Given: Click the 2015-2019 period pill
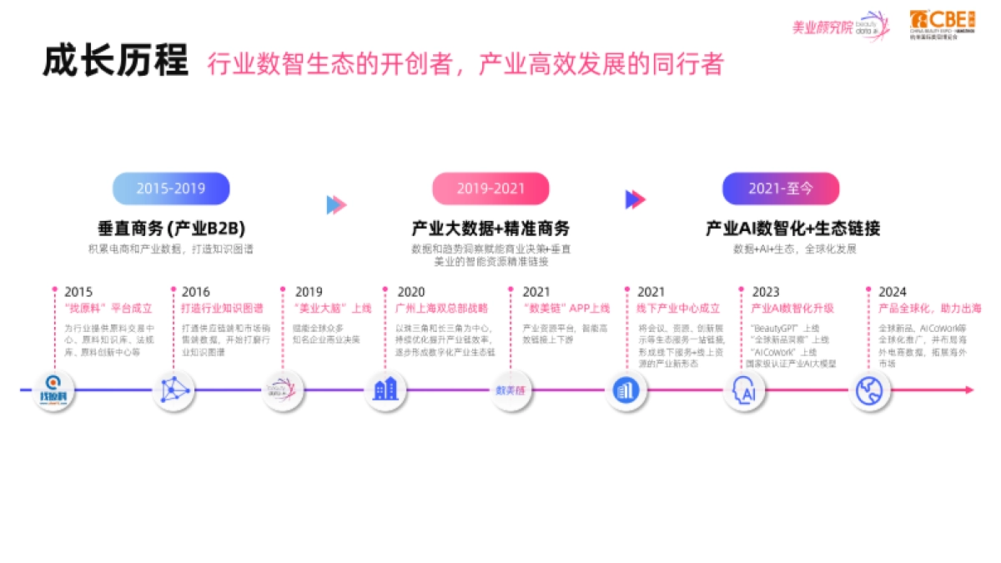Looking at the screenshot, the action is coord(171,189).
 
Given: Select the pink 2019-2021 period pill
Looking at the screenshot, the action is coord(490,189).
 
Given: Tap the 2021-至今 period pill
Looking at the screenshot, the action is coord(780,189).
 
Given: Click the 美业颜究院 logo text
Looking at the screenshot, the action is coord(822,28).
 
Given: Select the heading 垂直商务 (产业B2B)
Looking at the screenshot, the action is coord(171,228).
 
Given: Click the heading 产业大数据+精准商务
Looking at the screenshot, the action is coord(490,228).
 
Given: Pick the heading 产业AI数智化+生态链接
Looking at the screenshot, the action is coord(792,228).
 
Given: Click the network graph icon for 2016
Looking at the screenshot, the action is coord(174,390).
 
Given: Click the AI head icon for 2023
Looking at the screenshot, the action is coord(744,390).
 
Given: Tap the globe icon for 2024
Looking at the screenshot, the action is coord(870,390).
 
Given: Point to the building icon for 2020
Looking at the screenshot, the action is coord(385,389).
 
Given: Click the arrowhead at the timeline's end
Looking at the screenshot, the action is coord(968,390).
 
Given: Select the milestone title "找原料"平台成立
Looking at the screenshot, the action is coord(108,308).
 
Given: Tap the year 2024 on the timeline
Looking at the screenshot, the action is coord(892,292).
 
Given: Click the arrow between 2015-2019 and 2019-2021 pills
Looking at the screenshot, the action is coord(336,204).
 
